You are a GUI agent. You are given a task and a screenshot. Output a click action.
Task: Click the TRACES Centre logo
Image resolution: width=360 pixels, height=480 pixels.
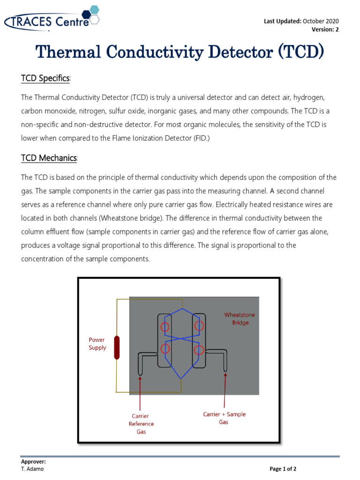(x=52, y=20)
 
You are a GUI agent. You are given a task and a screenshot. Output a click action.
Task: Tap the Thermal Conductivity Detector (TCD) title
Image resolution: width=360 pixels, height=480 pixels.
(x=180, y=52)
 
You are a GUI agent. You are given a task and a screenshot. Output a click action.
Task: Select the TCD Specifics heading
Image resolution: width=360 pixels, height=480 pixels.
(x=45, y=78)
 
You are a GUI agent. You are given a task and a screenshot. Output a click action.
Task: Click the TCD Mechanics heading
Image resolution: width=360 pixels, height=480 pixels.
(x=49, y=158)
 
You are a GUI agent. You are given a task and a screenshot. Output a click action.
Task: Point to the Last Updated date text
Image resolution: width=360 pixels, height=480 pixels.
(x=301, y=21)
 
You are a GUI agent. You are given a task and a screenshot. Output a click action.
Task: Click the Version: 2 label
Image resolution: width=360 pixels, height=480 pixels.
(x=325, y=30)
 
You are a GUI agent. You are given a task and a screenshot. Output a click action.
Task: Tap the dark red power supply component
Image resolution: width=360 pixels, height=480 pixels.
(x=117, y=347)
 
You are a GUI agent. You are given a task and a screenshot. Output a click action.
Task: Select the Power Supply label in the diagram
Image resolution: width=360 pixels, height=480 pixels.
(x=97, y=344)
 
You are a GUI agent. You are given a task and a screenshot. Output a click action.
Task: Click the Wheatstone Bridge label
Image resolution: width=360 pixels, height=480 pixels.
(x=240, y=319)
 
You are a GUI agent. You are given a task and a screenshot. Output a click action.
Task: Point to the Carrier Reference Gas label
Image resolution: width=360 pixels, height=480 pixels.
(x=141, y=424)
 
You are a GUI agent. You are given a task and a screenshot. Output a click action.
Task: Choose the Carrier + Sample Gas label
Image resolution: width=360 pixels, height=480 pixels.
(x=224, y=418)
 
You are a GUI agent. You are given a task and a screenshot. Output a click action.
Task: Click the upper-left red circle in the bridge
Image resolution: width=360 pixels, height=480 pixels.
(x=165, y=327)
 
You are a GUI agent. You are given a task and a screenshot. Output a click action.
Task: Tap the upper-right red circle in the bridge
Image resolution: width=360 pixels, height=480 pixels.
(x=199, y=325)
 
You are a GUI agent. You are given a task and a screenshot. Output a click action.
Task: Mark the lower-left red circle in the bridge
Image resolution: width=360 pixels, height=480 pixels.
(x=165, y=349)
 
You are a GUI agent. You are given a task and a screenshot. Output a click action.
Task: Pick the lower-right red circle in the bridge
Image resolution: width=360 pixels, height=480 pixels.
(x=199, y=350)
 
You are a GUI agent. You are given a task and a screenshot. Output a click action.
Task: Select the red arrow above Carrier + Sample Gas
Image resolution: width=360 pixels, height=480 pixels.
(x=225, y=390)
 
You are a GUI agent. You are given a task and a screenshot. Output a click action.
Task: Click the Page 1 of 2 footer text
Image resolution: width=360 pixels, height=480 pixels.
(x=283, y=469)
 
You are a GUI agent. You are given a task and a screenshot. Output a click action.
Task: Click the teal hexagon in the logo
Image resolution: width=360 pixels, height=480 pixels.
(x=94, y=9)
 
